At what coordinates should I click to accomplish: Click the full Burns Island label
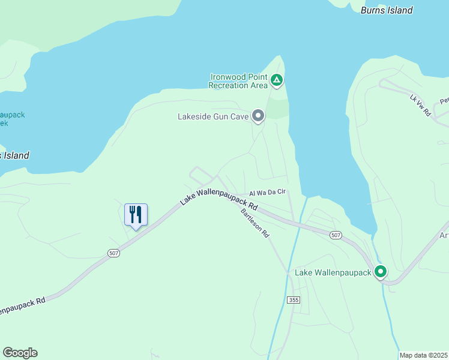(387, 10)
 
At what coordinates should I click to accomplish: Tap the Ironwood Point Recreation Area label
(238, 81)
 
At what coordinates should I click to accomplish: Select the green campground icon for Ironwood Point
(276, 80)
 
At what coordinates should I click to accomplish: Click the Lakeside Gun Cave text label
(213, 116)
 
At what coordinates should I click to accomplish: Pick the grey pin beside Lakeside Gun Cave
(258, 115)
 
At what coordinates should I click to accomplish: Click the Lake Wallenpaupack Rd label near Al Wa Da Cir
(218, 197)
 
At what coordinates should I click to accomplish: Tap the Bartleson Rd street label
(255, 223)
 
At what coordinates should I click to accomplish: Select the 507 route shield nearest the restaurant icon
(114, 253)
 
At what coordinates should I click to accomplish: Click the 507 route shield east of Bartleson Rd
(336, 236)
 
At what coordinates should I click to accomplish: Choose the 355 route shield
(293, 299)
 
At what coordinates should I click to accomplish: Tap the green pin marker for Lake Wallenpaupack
(381, 272)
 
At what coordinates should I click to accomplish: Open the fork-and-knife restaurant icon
(136, 214)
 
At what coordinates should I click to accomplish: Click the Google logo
(20, 353)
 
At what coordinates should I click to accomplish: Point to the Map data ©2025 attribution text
(423, 355)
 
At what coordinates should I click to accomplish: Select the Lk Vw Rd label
(421, 104)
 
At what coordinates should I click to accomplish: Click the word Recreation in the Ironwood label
(229, 85)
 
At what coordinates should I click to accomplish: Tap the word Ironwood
(229, 77)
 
